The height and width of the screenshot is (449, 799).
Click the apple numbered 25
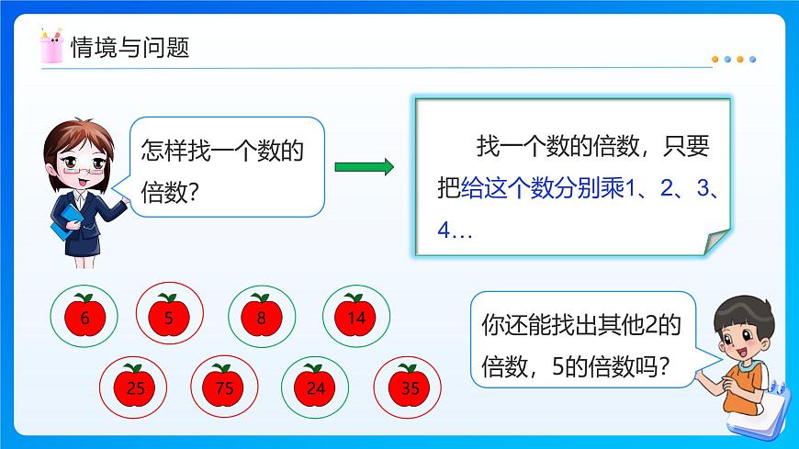pyautogui.click(x=134, y=387)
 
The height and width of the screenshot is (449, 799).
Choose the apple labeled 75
pyautogui.click(x=224, y=387)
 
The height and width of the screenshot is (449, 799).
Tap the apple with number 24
pyautogui.click(x=314, y=387)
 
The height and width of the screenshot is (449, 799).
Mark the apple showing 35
pyautogui.click(x=410, y=387)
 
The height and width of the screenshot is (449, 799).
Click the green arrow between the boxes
pyautogui.click(x=364, y=167)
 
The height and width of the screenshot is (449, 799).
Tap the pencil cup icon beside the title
pyautogui.click(x=51, y=46)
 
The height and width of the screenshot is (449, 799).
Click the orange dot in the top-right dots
pyautogui.click(x=717, y=59)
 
